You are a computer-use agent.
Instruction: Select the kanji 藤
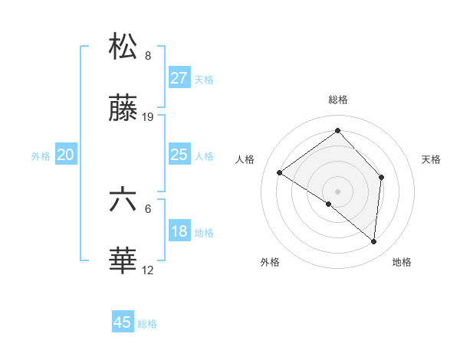pos(123,110)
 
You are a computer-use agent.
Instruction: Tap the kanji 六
pos(123,199)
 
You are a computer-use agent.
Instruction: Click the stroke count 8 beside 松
pos(148,55)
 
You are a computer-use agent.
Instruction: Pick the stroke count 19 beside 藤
pos(149,117)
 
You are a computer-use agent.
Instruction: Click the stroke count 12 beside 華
pos(148,270)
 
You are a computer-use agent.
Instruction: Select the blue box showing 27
pos(179,78)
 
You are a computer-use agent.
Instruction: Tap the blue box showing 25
pos(179,155)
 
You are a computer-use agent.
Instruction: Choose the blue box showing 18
pos(179,231)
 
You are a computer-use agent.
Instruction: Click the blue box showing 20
pos(66,155)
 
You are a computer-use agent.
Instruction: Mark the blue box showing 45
pos(123,322)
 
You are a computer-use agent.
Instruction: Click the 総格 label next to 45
pos(147,324)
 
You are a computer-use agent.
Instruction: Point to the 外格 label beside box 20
pos(41,156)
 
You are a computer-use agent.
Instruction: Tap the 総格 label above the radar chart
pos(337,100)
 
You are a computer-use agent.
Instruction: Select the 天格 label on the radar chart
pos(432,159)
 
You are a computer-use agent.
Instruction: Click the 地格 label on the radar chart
pos(402,262)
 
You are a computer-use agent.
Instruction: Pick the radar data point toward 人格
pos(280,172)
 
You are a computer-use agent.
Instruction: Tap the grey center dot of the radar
pos(337,191)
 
